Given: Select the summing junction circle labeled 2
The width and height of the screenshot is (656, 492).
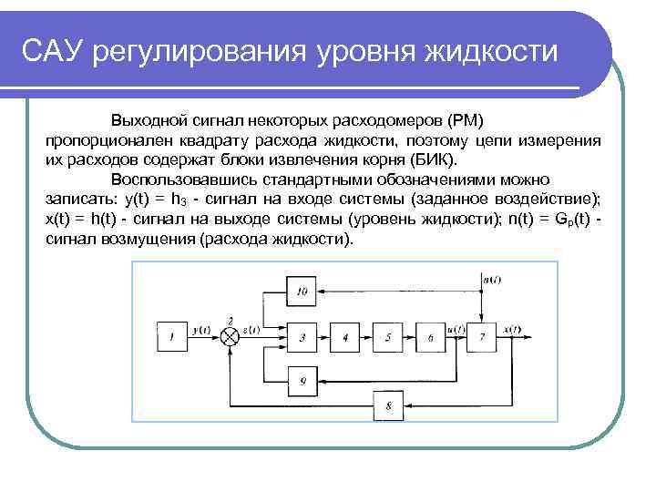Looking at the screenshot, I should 231,337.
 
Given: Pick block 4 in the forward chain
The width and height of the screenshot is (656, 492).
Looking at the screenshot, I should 344,337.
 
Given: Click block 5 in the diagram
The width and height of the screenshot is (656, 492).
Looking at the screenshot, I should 388,337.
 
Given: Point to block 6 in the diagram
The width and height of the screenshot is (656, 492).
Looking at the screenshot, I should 431,337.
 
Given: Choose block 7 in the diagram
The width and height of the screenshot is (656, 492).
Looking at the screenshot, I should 482,337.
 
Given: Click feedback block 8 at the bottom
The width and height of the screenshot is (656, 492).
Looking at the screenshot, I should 391,404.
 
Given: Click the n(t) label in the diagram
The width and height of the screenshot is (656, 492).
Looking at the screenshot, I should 492,279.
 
